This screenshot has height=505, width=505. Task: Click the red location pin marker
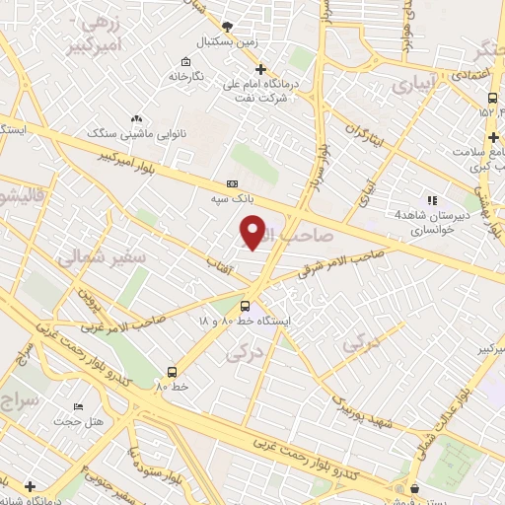tap(253, 232)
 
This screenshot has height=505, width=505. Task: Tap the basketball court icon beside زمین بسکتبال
tap(228, 27)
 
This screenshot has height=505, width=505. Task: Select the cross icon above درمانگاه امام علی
tap(260, 69)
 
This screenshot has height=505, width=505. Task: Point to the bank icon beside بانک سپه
tap(232, 183)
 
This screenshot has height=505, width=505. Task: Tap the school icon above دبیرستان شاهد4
tap(431, 200)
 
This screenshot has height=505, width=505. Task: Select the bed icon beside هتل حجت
tap(79, 406)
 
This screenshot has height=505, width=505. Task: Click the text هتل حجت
tap(78, 421)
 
